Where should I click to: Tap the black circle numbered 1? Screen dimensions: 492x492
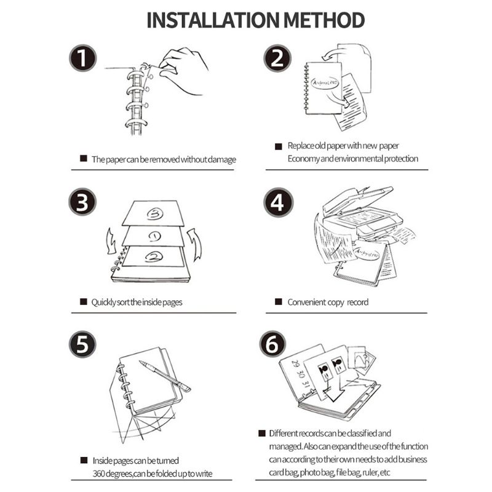point(82,60)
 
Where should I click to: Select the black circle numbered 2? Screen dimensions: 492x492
point(279,60)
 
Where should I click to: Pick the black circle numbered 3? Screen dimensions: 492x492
point(82,202)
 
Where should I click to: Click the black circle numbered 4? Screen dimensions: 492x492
point(279,202)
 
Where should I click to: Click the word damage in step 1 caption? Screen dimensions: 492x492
point(221,159)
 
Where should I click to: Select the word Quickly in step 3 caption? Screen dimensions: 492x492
point(105,302)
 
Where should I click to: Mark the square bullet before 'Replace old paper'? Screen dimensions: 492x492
point(277,146)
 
